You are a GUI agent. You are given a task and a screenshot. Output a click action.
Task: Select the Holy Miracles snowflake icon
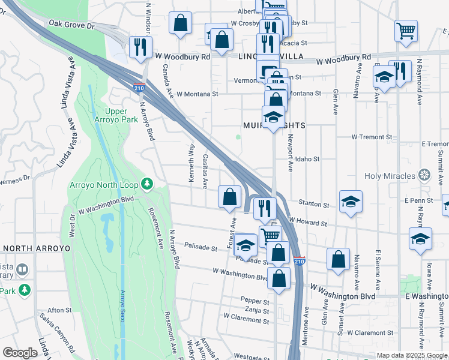coord(424,176)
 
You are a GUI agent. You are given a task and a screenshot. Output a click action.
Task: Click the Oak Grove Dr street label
coord(72,25)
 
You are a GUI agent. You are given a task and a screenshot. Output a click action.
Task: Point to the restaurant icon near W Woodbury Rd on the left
coord(140,47)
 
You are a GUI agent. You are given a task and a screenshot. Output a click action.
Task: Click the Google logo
coord(20,353)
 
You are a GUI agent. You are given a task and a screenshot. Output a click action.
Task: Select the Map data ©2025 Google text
coord(412,355)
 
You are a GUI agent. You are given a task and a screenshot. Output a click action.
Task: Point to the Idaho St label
coord(307,159)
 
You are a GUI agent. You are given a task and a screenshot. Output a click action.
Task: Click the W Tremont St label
coord(372,137)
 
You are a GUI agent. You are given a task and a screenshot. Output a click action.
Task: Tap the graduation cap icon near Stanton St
coord(351,202)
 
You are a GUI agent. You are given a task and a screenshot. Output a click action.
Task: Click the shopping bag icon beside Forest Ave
coord(229,196)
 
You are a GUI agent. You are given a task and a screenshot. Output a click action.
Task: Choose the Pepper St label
coord(255,301)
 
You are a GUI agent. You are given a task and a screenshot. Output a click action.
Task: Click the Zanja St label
coord(257,311)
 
